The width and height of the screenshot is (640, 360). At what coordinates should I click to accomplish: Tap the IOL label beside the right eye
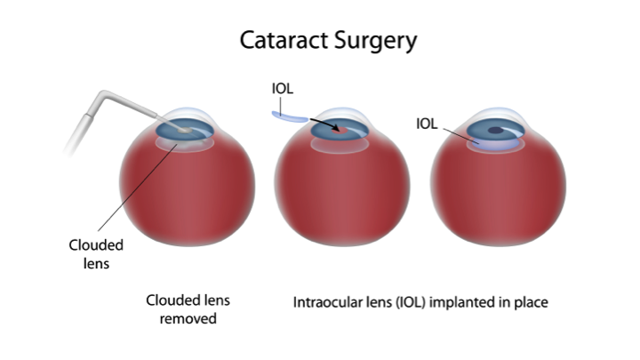[x=427, y=124]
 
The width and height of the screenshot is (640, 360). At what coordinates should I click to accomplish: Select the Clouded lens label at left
[x=95, y=252]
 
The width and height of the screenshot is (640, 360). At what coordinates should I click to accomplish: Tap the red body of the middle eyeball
[x=341, y=196]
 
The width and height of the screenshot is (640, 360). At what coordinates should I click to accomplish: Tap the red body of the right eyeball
[x=497, y=196]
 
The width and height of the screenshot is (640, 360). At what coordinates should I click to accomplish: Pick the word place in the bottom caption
[x=531, y=302]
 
